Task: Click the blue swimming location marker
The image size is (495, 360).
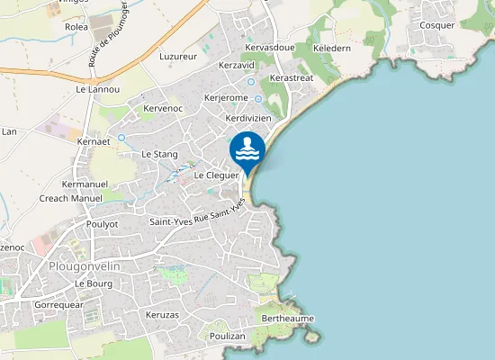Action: point(247,151)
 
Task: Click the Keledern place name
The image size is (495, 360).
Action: point(331,48)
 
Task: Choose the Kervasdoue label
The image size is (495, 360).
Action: point(269,47)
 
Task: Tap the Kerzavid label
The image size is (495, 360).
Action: point(238,66)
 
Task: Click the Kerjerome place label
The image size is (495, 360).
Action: point(226,97)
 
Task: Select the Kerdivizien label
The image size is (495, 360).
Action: point(248,118)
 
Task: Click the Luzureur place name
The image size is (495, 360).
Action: point(177,56)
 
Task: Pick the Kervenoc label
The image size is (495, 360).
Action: point(163,108)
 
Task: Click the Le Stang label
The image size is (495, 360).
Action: point(159,154)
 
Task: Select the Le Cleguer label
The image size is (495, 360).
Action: point(215,175)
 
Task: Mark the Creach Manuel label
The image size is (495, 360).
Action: point(71,198)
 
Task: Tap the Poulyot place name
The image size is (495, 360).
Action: point(102,223)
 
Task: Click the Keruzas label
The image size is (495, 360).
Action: point(162,315)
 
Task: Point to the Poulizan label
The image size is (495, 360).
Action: point(226,335)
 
